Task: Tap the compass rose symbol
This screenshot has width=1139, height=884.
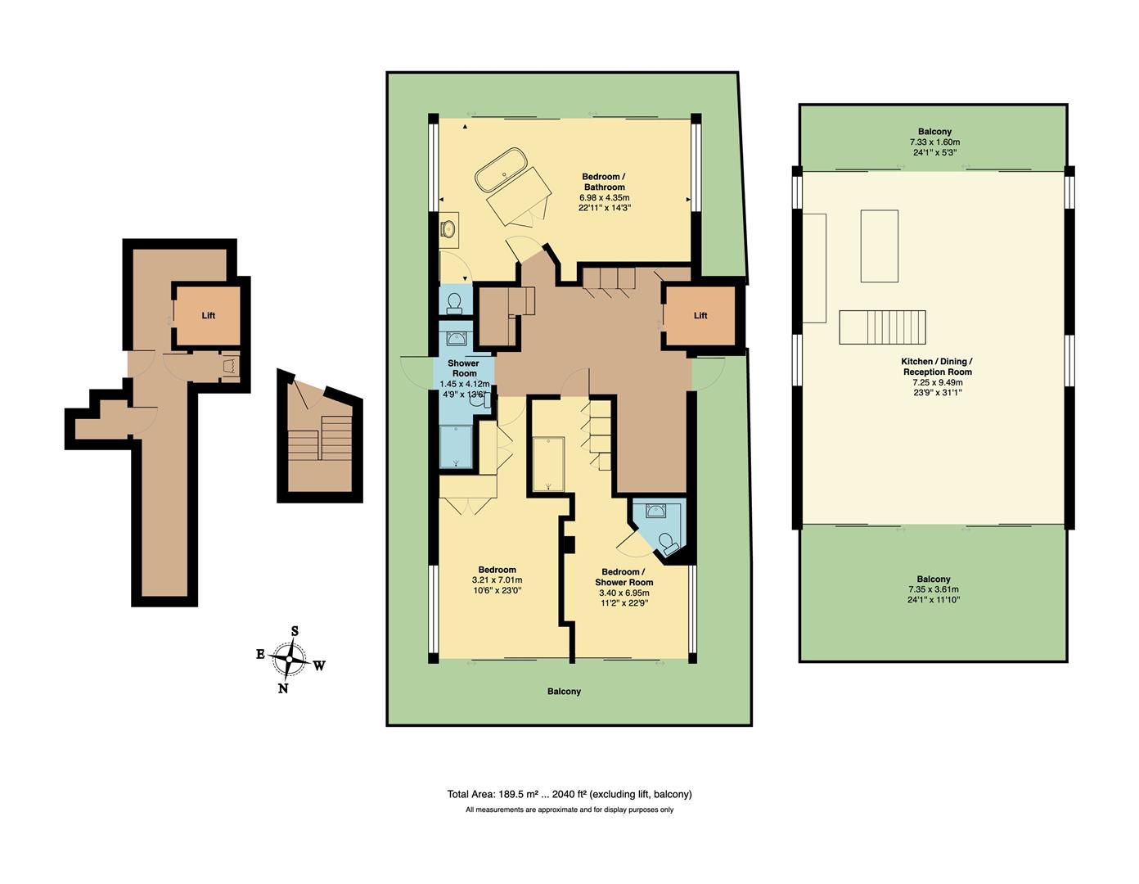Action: (290, 658)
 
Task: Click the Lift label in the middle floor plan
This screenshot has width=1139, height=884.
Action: (700, 316)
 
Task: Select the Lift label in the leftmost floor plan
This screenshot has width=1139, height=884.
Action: (209, 316)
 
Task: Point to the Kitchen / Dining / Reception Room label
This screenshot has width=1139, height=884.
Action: (937, 367)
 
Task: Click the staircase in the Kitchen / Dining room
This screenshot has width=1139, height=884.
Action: (883, 327)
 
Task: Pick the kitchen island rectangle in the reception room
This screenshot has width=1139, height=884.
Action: (879, 246)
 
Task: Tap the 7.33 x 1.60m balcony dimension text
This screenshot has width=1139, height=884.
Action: (934, 142)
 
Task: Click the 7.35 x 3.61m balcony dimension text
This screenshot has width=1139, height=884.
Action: (934, 589)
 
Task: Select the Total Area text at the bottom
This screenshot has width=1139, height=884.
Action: (569, 794)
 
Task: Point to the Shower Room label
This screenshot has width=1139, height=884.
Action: (463, 368)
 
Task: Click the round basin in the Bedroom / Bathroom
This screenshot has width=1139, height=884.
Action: (449, 229)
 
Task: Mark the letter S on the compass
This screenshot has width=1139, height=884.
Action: (295, 631)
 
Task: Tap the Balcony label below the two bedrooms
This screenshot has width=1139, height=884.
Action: (564, 692)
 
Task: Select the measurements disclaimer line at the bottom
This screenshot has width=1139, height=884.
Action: (569, 810)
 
